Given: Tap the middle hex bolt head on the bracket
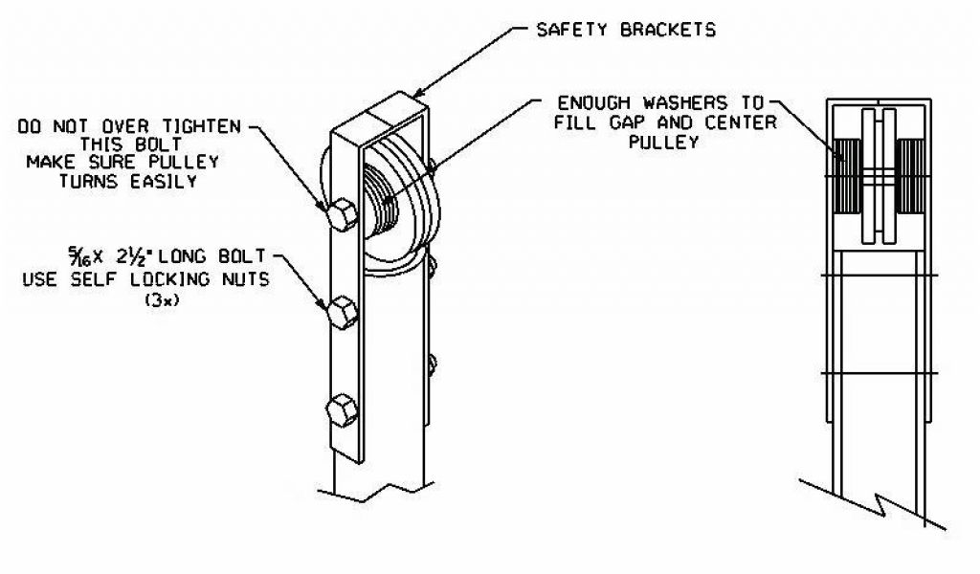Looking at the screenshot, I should pos(343,312).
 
